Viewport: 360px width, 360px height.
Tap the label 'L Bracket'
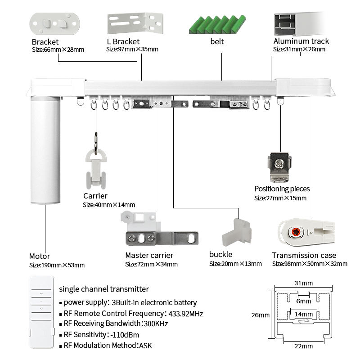pyautogui.click(x=123, y=41)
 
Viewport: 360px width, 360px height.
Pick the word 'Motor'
pyautogui.click(x=40, y=256)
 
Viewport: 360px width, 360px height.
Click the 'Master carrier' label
pyautogui.click(x=149, y=255)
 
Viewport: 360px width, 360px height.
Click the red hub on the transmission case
pyautogui.click(x=296, y=232)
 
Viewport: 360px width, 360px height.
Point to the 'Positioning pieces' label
pyautogui.click(x=282, y=189)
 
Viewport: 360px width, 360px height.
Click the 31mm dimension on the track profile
pyautogui.click(x=304, y=283)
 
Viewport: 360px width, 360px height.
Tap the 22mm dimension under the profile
pyautogui.click(x=304, y=346)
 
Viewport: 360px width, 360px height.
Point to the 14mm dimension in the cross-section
pyautogui.click(x=304, y=314)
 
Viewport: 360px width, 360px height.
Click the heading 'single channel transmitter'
pyautogui.click(x=104, y=289)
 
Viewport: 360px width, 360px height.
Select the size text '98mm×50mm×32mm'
pyautogui.click(x=310, y=264)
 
